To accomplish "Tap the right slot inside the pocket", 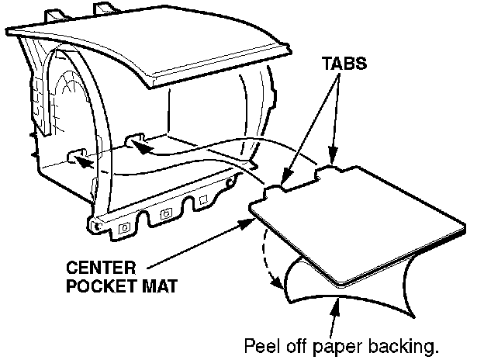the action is [133, 140].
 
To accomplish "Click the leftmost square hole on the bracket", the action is [124, 228].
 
